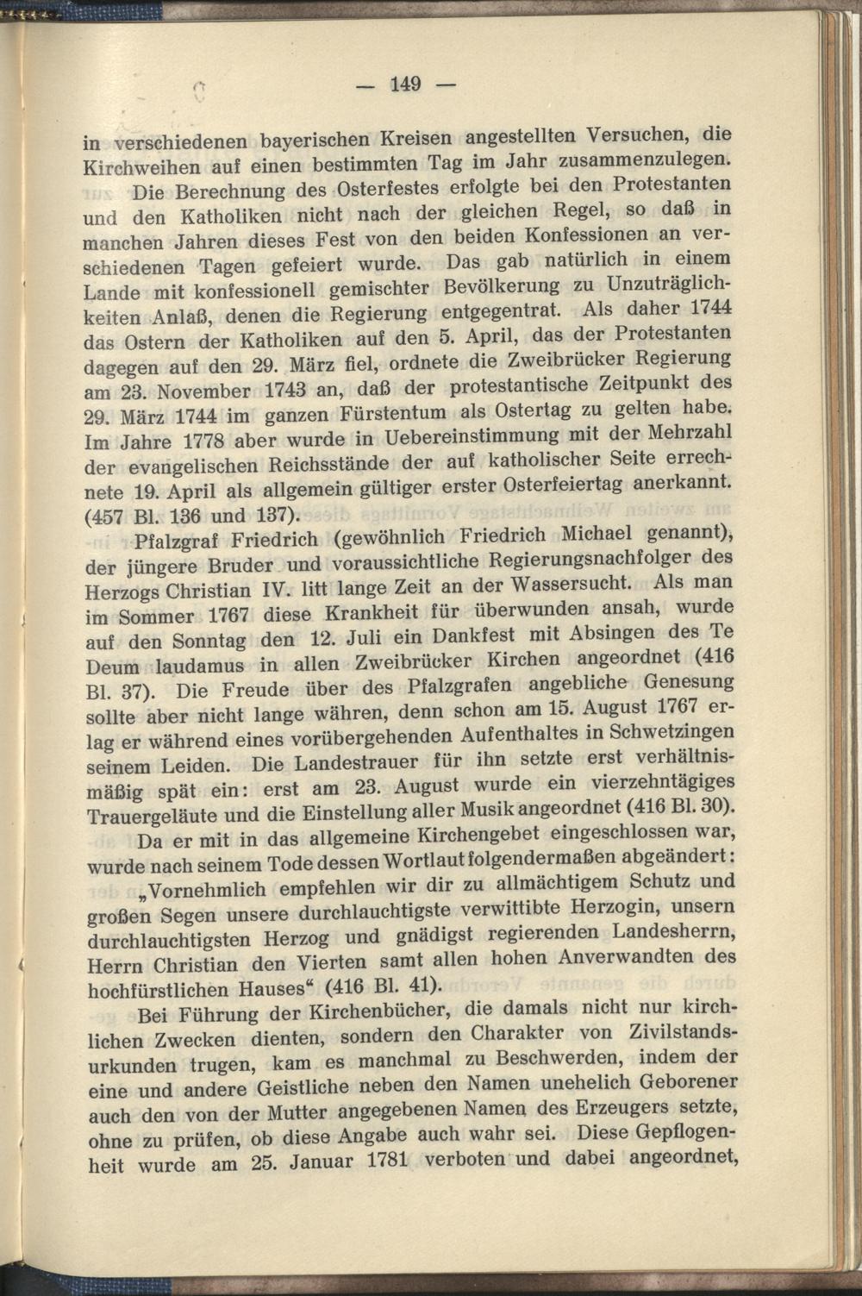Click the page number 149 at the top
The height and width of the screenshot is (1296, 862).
pos(404,84)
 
